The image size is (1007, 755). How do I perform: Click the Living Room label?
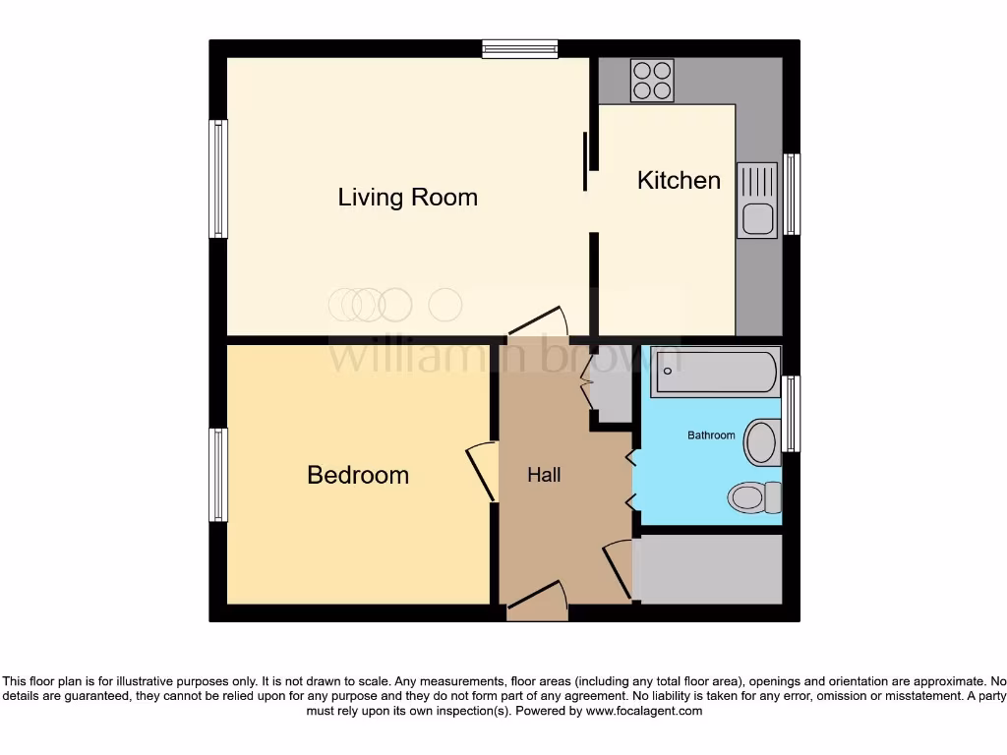tap(407, 198)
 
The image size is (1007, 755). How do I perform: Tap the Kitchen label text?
tap(679, 181)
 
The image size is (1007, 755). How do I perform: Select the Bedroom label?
tap(358, 476)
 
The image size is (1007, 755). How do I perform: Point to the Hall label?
tap(544, 476)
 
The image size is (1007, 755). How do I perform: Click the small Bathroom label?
tap(711, 436)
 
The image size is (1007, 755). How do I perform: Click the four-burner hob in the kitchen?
tap(652, 81)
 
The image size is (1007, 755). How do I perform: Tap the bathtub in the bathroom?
tap(715, 371)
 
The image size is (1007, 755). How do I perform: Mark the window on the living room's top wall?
tap(519, 48)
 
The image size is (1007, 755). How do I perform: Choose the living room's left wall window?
tap(218, 179)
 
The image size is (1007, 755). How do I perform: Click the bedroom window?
tap(218, 475)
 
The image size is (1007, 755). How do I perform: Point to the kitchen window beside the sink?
tap(792, 195)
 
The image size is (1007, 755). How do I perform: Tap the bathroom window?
tap(792, 414)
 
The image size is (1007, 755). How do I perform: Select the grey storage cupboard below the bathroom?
tap(709, 569)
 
